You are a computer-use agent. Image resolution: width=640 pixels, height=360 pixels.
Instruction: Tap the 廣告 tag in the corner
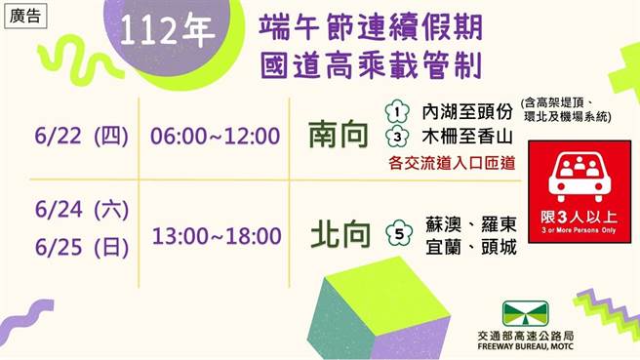pos(23,16)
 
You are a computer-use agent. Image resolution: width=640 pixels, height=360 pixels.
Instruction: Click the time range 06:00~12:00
pos(216,136)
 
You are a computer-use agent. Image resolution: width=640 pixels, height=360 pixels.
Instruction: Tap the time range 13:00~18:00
pos(217,235)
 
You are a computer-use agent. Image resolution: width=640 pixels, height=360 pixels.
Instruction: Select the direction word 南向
pos(340,135)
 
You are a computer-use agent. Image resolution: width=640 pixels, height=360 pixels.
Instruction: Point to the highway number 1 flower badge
pos(395,111)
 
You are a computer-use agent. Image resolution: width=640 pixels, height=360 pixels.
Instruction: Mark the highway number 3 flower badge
pos(395,135)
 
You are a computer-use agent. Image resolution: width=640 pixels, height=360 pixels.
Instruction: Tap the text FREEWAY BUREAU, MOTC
pos(536,347)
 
